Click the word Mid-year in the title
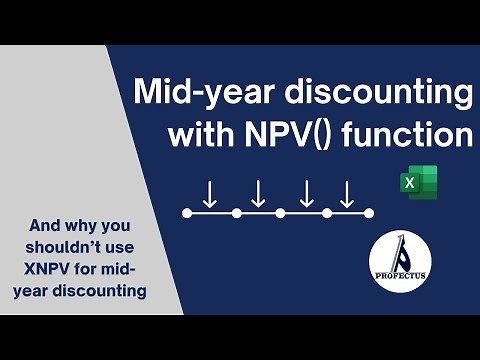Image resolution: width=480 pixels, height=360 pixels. point(199,95)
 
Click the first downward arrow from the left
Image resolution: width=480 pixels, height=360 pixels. point(210,193)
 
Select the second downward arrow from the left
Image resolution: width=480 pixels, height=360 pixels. point(258,193)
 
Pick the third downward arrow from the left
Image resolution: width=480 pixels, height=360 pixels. point(307,193)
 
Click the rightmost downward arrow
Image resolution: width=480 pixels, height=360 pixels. point(346,193)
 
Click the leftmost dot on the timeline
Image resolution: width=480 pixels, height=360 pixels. point(186,213)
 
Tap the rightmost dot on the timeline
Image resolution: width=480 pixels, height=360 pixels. point(369,213)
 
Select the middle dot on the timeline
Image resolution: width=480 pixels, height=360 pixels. point(280,213)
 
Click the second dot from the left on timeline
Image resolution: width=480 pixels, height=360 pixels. point(236,213)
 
